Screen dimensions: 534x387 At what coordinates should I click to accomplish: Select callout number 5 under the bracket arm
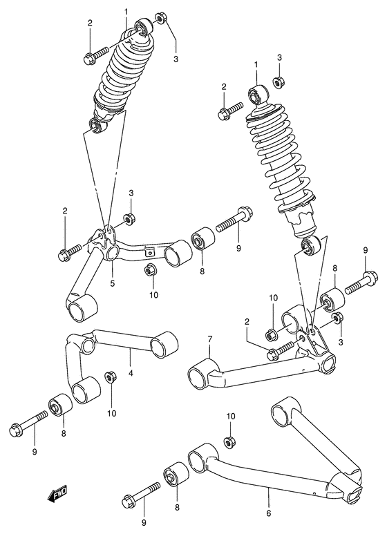(x=113, y=283)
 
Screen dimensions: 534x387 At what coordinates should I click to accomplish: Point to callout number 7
(x=211, y=339)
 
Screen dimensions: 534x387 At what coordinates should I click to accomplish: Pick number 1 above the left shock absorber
(x=126, y=12)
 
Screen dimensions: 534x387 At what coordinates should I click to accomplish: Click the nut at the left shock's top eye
(x=160, y=17)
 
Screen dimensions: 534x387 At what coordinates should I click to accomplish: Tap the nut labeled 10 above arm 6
(x=229, y=441)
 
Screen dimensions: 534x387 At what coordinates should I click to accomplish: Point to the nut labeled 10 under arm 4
(x=109, y=377)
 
